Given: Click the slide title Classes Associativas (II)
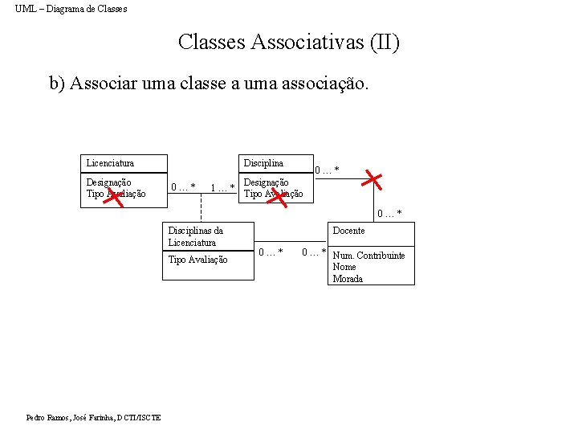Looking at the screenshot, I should tap(288, 42).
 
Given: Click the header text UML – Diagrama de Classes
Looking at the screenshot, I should tap(71, 9).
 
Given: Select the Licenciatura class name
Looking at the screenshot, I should tap(110, 163).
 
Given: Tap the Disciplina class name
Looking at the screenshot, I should tap(263, 163).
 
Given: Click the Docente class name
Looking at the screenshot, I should tap(348, 231).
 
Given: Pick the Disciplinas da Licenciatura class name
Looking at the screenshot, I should tap(196, 236).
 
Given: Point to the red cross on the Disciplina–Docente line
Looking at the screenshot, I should tap(371, 179).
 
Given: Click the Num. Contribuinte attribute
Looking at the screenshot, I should tap(368, 256).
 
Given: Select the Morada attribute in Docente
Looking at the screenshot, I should tap(348, 279).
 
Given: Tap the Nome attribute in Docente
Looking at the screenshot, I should tap(344, 267).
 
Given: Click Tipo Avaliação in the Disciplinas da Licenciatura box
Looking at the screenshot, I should tap(197, 260).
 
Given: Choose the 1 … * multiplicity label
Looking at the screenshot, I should tap(222, 188).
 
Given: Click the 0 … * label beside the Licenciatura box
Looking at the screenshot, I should tap(183, 188).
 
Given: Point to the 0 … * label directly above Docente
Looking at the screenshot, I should tap(390, 214).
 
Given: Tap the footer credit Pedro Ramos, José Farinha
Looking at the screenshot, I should tap(93, 418).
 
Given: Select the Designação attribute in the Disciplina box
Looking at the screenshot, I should tap(266, 182).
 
